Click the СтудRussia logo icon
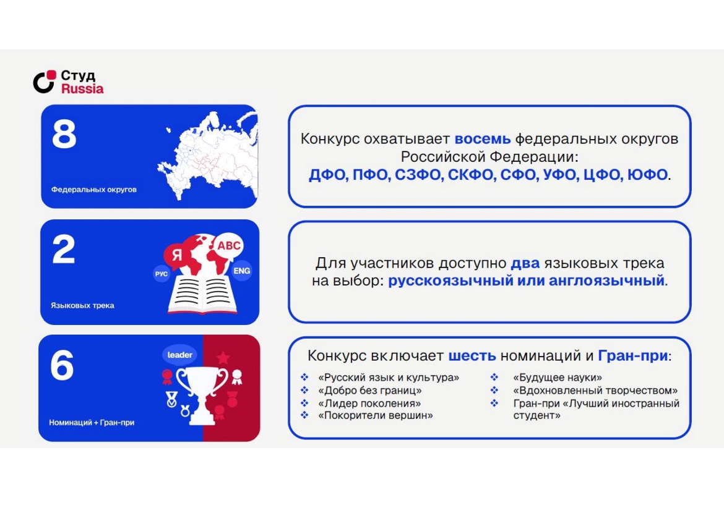point(44,82)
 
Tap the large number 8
point(64,134)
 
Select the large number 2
point(64,249)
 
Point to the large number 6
point(62,365)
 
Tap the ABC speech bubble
point(228,246)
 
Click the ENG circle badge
point(241,271)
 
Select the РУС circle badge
point(161,274)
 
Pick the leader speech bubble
point(179,355)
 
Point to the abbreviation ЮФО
point(647,175)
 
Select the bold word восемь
point(483,139)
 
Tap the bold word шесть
point(472,355)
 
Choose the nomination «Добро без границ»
point(370,391)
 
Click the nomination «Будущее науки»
point(558,378)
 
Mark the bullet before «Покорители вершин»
point(304,415)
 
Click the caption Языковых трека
point(82,305)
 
